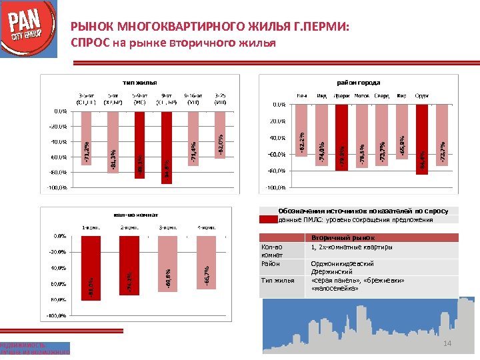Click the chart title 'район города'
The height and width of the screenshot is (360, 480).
pos(363,83)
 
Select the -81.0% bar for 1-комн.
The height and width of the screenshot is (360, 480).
pos(91,267)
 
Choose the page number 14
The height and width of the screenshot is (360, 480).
pos(447,341)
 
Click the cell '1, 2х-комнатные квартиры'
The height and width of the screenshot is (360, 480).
pos(351,247)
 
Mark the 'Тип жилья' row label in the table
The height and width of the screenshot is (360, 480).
pos(276,280)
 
